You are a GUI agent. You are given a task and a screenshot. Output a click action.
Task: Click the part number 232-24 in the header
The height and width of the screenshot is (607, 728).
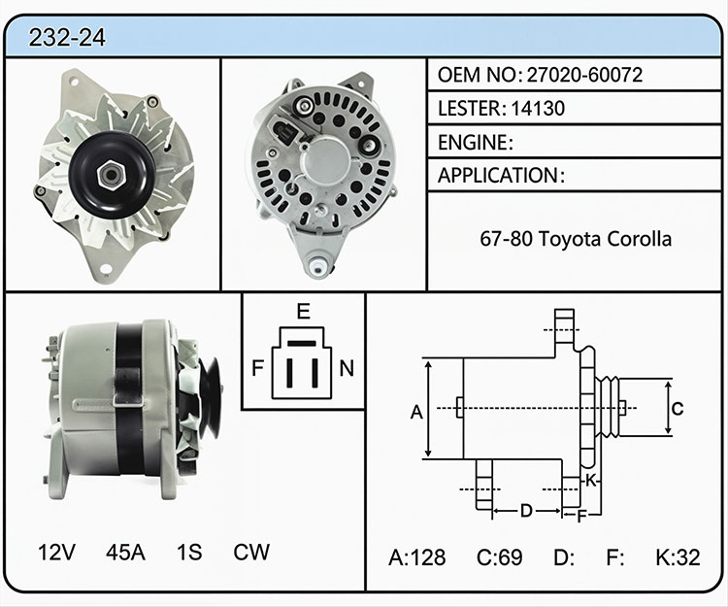[67, 38]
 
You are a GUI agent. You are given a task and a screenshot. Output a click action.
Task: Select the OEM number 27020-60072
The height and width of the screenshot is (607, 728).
[584, 75]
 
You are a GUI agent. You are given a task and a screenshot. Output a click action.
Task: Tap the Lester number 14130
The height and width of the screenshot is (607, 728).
[538, 108]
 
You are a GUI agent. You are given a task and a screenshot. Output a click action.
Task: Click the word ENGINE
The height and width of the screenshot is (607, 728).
[473, 142]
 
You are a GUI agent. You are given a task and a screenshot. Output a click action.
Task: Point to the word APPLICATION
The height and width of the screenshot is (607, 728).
[498, 176]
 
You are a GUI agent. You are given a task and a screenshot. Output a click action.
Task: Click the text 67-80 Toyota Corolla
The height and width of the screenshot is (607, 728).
[576, 239]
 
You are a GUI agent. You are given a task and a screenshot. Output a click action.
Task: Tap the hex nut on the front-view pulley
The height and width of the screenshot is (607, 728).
[112, 175]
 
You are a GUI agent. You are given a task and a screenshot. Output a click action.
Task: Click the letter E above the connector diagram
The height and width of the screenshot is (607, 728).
[303, 311]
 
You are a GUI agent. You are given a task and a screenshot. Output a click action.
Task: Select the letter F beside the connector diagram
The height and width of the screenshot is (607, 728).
[257, 368]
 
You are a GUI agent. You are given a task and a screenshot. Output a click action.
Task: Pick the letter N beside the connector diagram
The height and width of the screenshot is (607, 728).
[347, 368]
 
